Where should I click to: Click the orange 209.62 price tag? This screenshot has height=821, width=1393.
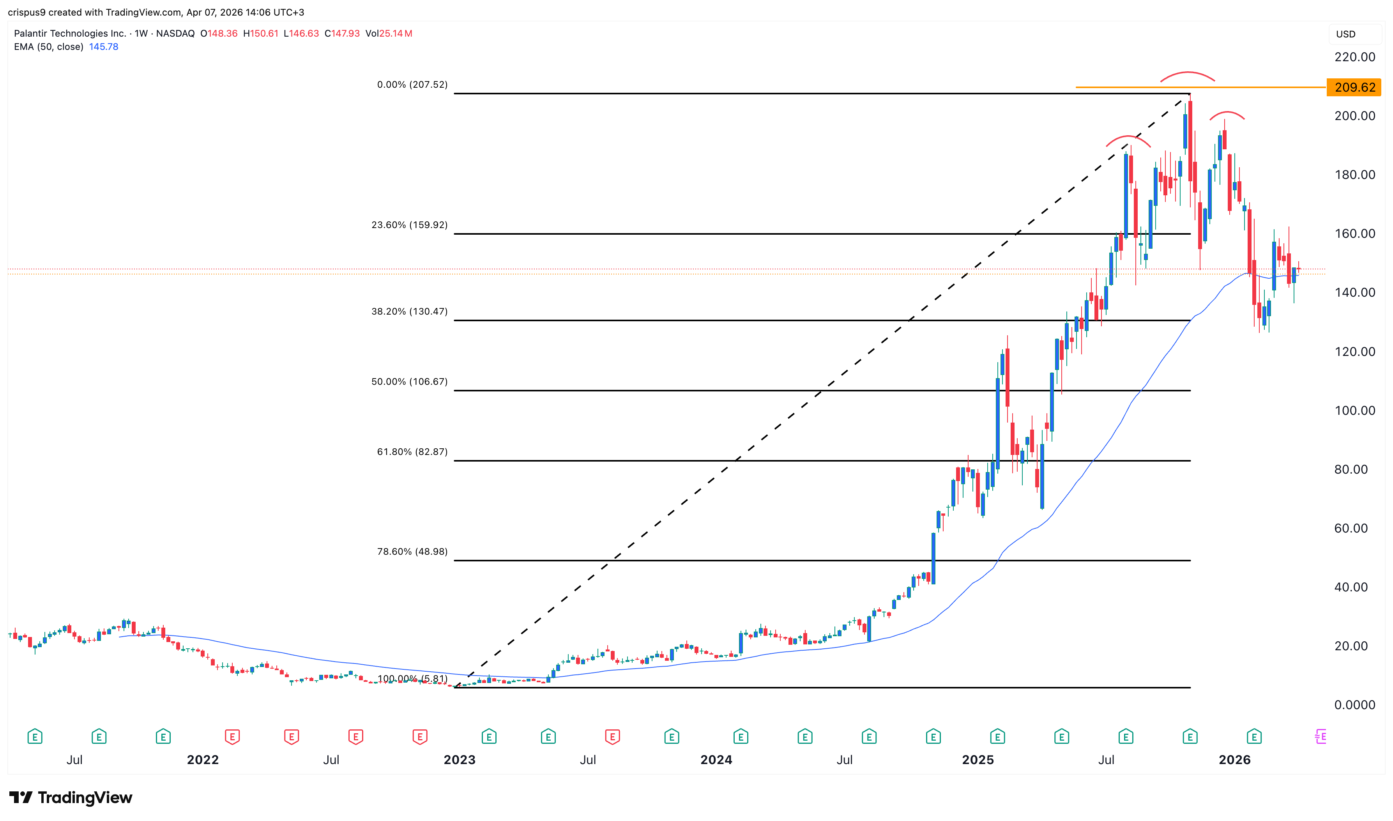pos(1353,87)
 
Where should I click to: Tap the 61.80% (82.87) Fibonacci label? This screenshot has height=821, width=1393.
pos(412,452)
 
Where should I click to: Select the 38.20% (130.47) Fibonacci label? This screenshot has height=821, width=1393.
pos(409,311)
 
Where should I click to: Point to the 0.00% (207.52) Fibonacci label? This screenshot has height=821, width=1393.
pos(412,85)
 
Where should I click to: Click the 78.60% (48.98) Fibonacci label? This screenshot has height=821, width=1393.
pos(412,552)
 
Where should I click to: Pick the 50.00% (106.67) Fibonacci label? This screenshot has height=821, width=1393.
pos(409,382)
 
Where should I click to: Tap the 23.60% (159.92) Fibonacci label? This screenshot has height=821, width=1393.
pos(409,225)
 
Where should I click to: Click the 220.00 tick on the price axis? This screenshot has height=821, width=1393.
pos(1354,57)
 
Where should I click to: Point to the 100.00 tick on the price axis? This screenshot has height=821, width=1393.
pos(1354,411)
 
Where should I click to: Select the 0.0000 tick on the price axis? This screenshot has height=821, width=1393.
pos(1354,705)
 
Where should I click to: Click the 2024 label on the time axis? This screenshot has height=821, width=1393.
pos(716,760)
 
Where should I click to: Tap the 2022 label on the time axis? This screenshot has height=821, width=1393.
pos(203,760)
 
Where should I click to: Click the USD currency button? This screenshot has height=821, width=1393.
pos(1345,34)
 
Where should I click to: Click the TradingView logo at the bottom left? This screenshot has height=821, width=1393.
pos(71,798)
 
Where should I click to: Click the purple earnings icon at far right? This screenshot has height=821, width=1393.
pos(1320,736)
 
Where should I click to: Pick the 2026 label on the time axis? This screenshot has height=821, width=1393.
pos(1234,760)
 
